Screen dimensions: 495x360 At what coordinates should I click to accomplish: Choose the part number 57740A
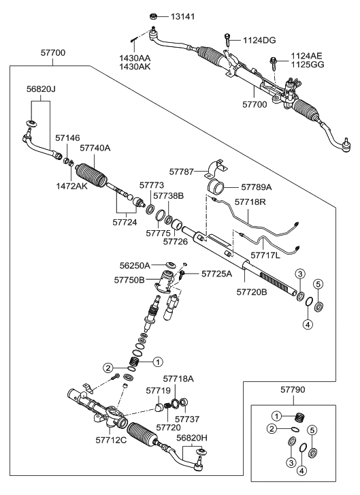(95, 147)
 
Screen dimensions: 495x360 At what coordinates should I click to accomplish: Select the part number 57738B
(168, 195)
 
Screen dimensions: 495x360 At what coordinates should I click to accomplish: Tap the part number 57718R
(252, 202)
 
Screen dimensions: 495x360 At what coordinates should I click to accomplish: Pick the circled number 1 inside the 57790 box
(277, 415)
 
